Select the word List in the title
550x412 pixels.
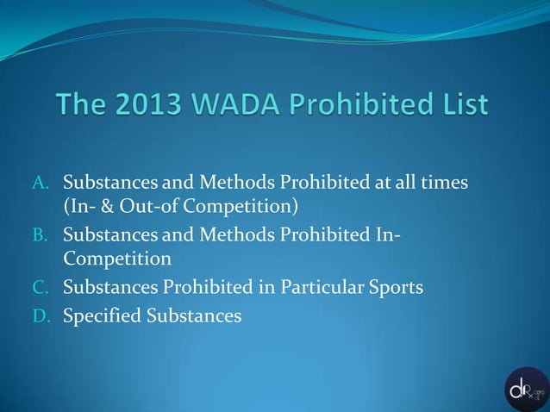click(x=466, y=106)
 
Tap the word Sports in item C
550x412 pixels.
click(x=396, y=287)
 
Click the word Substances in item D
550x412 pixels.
click(x=193, y=316)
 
